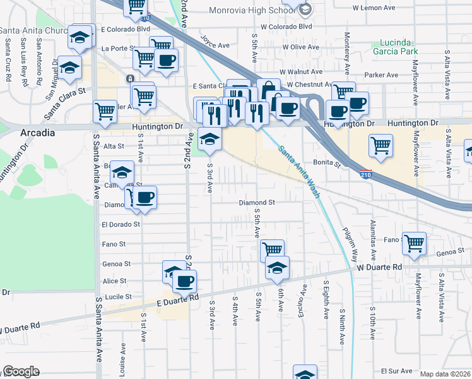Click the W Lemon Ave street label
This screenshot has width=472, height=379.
[374, 8]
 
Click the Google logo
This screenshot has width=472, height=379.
[20, 371]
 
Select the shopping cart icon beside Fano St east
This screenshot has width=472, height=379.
[414, 242]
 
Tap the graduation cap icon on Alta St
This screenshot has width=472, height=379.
[210, 138]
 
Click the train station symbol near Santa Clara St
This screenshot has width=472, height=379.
[130, 79]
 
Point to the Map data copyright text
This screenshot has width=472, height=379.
[445, 374]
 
